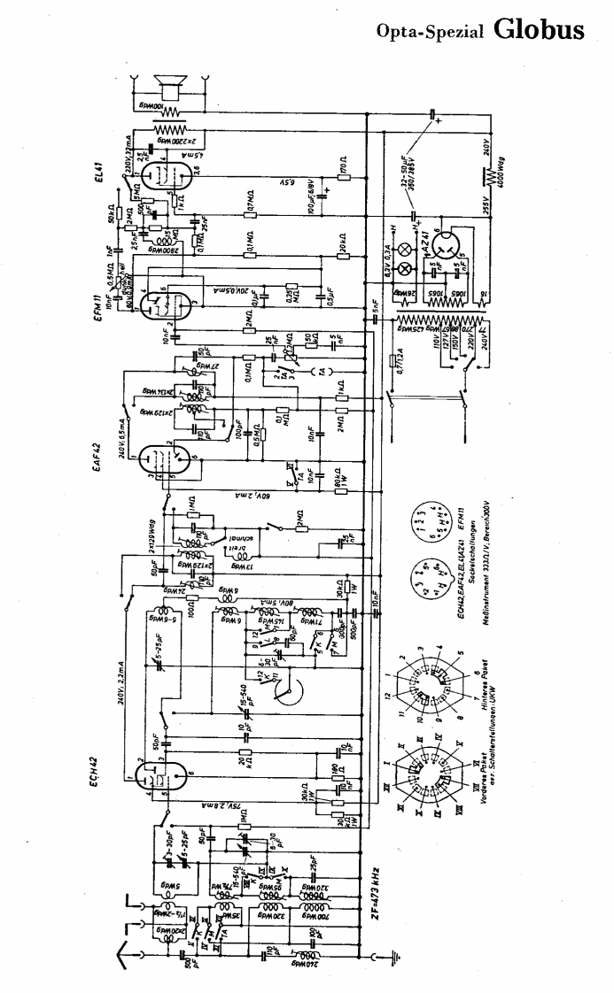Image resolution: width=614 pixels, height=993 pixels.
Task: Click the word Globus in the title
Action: (x=540, y=28)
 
